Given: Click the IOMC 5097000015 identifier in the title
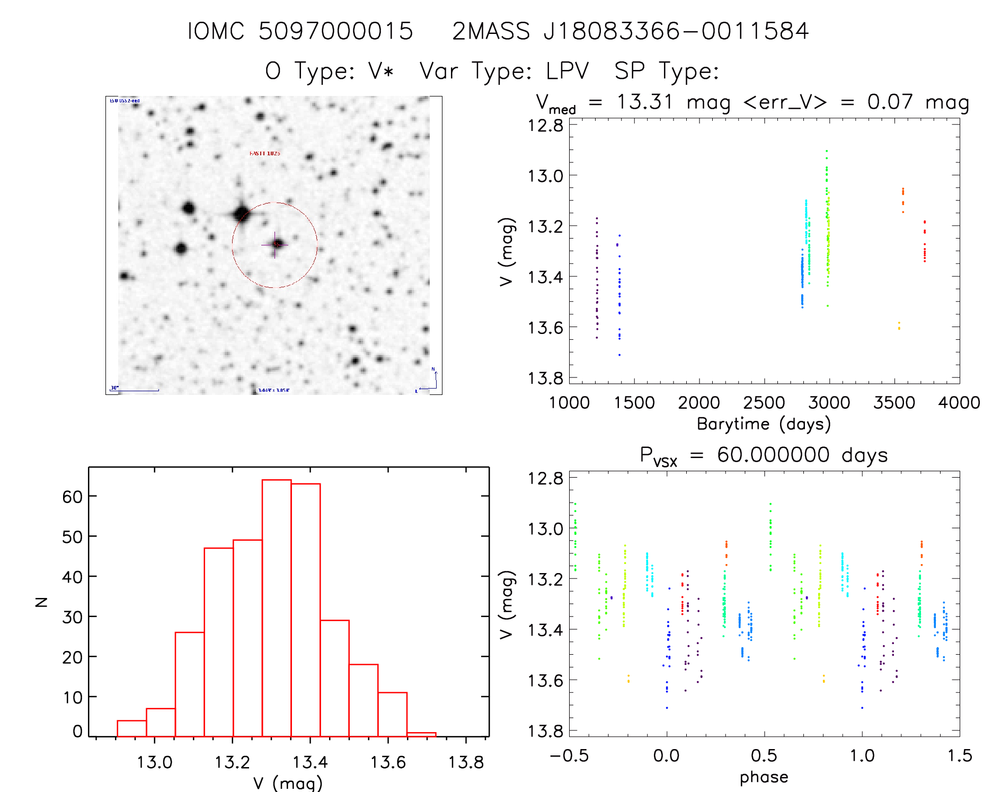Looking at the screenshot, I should pos(300,31).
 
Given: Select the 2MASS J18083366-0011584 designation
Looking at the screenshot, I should pos(630,31).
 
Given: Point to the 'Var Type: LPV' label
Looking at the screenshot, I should pos(504,71).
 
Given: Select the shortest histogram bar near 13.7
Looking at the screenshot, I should pos(421,734).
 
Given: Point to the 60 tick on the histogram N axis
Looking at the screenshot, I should pos(72,497).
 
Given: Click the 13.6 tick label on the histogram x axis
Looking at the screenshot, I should pos(388,762).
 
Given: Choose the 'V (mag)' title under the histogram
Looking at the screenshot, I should pos(288,782).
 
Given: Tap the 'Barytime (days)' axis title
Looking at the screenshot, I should pos(764,424).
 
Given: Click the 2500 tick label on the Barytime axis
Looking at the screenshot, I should pos(764,403).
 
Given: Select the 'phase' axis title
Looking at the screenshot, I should pos(764,777).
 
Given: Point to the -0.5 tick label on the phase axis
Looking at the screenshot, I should pos(569,756).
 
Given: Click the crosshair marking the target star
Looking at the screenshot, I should pos(275,244).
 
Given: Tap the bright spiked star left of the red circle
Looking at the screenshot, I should pos(241,214).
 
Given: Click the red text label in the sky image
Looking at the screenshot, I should pos(265,153).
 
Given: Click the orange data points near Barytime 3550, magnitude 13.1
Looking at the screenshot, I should pos(903,199).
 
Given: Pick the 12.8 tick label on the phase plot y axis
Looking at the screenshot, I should pos(545,479).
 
